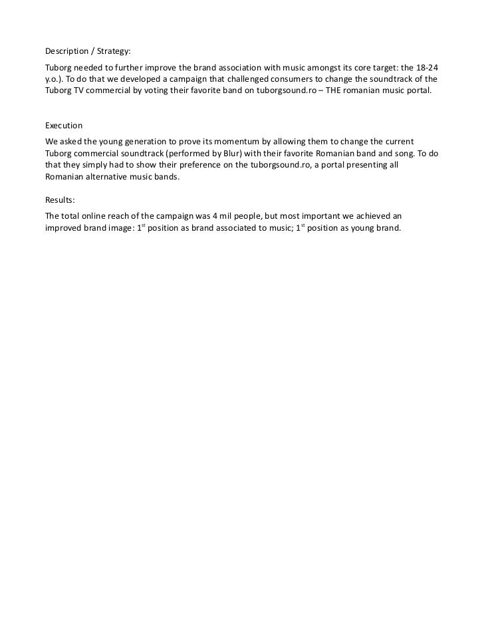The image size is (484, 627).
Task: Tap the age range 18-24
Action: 425,68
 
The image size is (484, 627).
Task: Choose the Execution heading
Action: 63,125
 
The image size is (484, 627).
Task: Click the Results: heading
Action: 60,199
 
